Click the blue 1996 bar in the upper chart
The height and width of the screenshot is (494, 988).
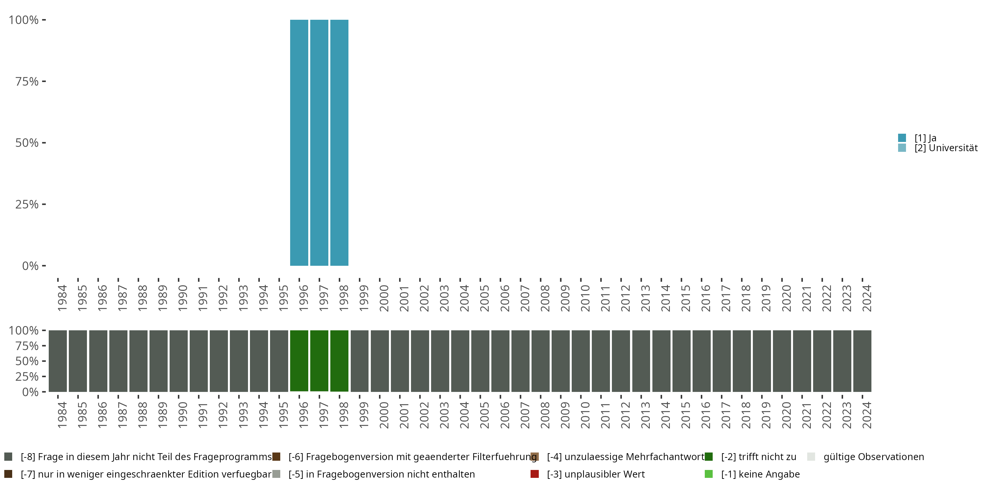[x=299, y=143]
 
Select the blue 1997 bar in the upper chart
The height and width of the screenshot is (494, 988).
[x=319, y=143]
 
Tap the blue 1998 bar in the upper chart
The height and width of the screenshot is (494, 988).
[x=339, y=143]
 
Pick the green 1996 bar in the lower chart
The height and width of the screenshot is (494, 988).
[x=299, y=361]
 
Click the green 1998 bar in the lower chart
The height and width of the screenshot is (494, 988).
[x=339, y=361]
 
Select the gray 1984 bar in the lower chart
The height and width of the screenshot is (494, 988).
[x=58, y=361]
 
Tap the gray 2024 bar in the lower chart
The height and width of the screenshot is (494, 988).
[x=862, y=361]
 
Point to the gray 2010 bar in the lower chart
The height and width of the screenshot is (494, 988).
[x=581, y=361]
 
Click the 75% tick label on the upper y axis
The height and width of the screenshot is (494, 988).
[x=27, y=81]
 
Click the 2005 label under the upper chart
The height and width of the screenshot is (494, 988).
[x=484, y=298]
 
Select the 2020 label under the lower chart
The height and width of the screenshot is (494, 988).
[x=786, y=415]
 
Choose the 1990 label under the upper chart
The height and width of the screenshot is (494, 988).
[x=182, y=298]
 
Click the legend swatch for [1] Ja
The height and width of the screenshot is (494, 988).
[x=902, y=138]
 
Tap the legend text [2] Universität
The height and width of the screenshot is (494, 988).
[x=946, y=148]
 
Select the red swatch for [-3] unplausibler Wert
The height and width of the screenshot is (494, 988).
[x=535, y=474]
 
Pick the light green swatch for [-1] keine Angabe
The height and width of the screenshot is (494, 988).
[x=709, y=474]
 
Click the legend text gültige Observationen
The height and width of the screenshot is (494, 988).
[x=874, y=457]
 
